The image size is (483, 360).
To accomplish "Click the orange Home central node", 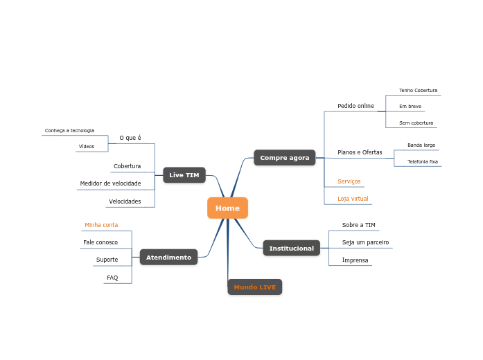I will tap(227, 208).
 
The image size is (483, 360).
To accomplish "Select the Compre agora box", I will tap(284, 158).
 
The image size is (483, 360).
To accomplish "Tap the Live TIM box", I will tap(184, 175).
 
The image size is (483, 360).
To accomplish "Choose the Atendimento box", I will tap(168, 258).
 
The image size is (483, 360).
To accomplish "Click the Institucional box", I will tap(291, 248).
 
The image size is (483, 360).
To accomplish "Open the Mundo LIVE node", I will tap(254, 287).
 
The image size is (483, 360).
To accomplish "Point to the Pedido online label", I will tap(355, 106).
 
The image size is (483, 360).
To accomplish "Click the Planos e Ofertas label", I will tap(360, 152).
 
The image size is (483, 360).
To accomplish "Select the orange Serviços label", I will tap(349, 181).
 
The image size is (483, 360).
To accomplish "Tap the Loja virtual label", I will tap(353, 199).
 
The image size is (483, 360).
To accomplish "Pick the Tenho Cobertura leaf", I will tap(418, 91).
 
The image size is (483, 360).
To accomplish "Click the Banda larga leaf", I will tap(421, 145).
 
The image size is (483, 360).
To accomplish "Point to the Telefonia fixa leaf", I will tap(423, 161).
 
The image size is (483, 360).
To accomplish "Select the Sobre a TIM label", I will tap(358, 225).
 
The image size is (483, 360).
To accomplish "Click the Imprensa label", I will tap(355, 260).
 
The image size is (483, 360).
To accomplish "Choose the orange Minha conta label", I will tap(101, 225).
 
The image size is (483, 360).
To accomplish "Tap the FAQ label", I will tap(112, 278).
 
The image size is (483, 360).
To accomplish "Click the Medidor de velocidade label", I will tap(110, 183).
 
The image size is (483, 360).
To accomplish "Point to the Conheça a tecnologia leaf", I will tap(69, 130).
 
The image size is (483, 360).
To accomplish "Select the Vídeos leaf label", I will tap(87, 147).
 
